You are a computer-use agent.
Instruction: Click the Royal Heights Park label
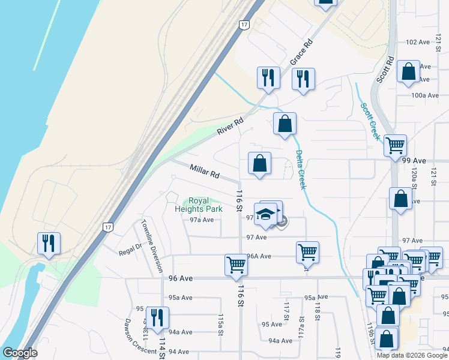click(x=198, y=205)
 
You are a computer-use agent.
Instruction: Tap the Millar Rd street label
click(x=205, y=172)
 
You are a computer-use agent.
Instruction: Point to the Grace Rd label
click(x=302, y=53)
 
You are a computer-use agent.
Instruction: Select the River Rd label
click(x=231, y=126)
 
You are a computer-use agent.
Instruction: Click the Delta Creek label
click(x=301, y=170)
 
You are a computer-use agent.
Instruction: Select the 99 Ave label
click(x=414, y=161)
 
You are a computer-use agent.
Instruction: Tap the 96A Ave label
click(x=259, y=256)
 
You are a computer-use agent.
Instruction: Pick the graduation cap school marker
click(x=265, y=215)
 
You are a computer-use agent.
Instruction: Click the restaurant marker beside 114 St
click(x=157, y=317)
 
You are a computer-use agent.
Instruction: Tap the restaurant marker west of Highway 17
click(x=47, y=243)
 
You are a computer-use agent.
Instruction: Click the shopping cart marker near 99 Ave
click(x=395, y=145)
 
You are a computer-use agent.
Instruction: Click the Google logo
click(x=20, y=353)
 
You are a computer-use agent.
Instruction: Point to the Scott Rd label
click(x=385, y=70)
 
